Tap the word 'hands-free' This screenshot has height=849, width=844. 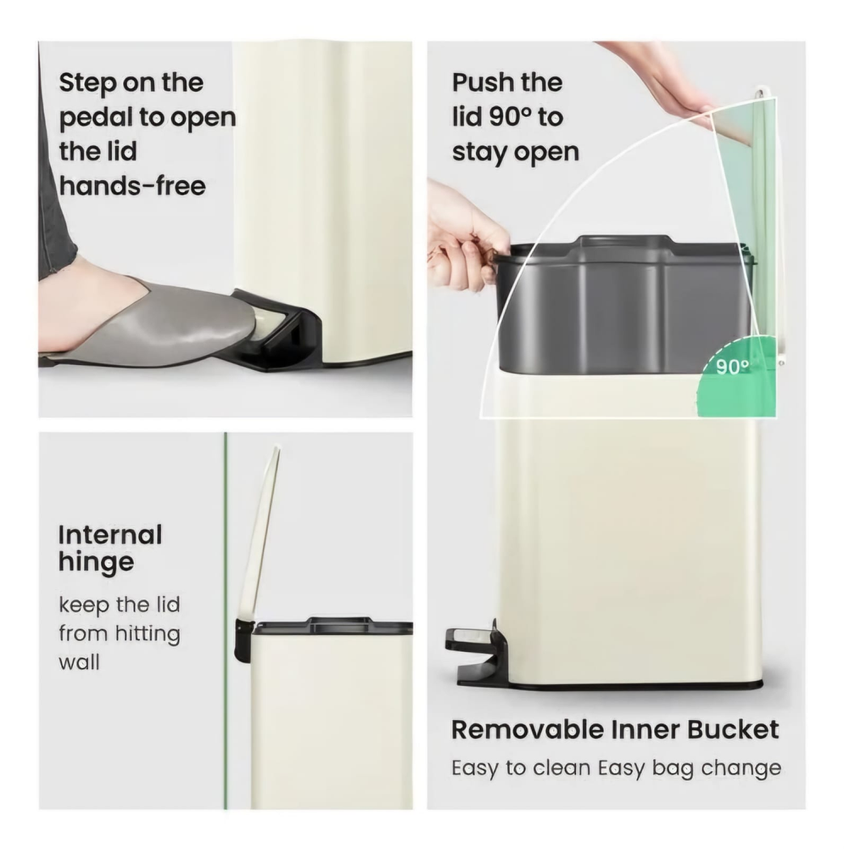pyautogui.click(x=132, y=186)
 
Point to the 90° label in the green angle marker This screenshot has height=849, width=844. pyautogui.click(x=733, y=367)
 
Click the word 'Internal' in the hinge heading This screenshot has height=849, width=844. pyautogui.click(x=110, y=535)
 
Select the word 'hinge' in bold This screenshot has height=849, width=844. pyautogui.click(x=97, y=562)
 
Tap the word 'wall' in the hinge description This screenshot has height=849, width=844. pyautogui.click(x=79, y=662)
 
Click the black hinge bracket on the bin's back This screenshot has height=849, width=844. pyautogui.click(x=243, y=640)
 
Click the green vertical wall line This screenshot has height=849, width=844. pyautogui.click(x=226, y=621)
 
